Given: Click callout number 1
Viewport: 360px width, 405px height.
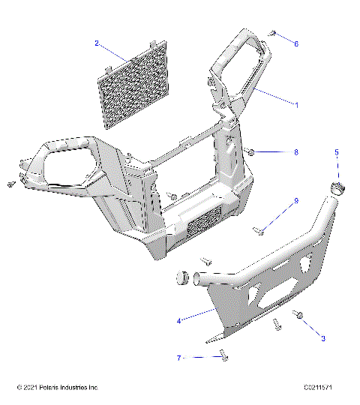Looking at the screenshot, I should tap(295, 105).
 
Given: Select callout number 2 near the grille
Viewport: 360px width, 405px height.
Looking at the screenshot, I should tap(97, 43).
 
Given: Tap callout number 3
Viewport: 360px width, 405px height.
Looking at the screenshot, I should tap(323, 339).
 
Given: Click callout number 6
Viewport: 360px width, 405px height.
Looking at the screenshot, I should tap(295, 44).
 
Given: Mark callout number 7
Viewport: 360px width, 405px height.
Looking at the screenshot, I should tap(179, 358).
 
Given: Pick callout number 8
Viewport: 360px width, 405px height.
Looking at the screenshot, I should tap(295, 152).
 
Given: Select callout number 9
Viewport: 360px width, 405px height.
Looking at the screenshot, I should tap(295, 201).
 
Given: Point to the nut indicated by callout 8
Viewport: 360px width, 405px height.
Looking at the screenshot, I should tap(252, 152).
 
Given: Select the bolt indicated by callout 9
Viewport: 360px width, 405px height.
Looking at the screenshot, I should tap(259, 232).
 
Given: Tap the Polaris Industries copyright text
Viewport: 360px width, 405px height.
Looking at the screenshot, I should tap(57, 388).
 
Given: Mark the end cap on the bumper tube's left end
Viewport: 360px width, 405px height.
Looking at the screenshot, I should tap(181, 278).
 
